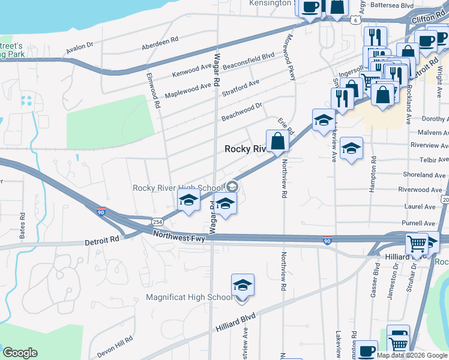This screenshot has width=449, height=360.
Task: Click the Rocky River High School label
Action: point(178,188)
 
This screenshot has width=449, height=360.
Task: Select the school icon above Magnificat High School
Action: point(243,285)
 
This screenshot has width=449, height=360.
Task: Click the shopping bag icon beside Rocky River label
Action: point(277,142)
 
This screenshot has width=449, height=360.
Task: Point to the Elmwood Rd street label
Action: point(154,91)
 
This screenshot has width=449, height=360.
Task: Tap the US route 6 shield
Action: point(356,20)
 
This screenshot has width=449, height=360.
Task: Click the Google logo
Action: point(20,353)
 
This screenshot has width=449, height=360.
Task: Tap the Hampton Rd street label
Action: point(373,174)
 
